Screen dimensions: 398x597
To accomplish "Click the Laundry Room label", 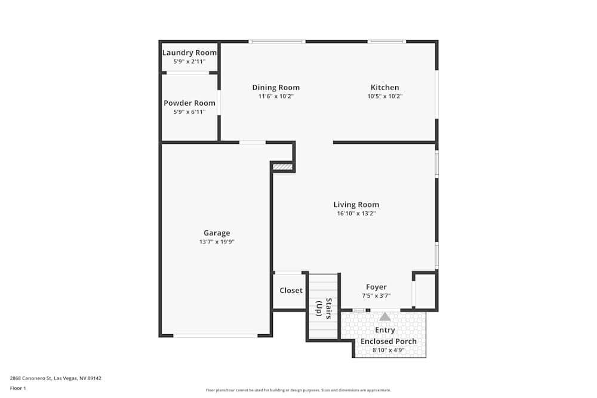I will point(189,53).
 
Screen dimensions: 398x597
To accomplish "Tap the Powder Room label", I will point(189,103).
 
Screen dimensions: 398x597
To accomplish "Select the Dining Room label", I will point(276,88).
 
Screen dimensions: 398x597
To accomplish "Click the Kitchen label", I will point(384,88).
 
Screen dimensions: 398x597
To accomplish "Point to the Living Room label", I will point(356,205).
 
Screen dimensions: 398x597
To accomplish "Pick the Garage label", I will point(217,233).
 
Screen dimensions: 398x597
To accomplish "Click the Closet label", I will point(291,291).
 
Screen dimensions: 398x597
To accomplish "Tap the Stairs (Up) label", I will point(324,308).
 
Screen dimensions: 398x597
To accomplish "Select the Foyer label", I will point(376,287).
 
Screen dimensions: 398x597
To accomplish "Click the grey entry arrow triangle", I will point(385,317).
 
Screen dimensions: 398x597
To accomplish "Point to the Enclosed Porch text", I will point(389,341).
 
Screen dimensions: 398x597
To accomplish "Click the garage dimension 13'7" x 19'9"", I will point(217,242).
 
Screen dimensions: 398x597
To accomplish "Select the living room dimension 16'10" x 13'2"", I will point(356,213).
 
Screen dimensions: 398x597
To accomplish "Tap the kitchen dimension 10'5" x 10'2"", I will point(384,96).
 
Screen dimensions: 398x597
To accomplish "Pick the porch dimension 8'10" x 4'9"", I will point(389,350).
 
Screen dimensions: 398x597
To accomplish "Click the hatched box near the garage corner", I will point(283,167).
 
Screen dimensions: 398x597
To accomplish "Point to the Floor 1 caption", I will point(18,388).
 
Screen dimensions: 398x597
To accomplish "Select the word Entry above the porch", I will point(385,330).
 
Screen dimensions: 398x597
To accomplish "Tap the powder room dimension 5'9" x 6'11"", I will point(189,112).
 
